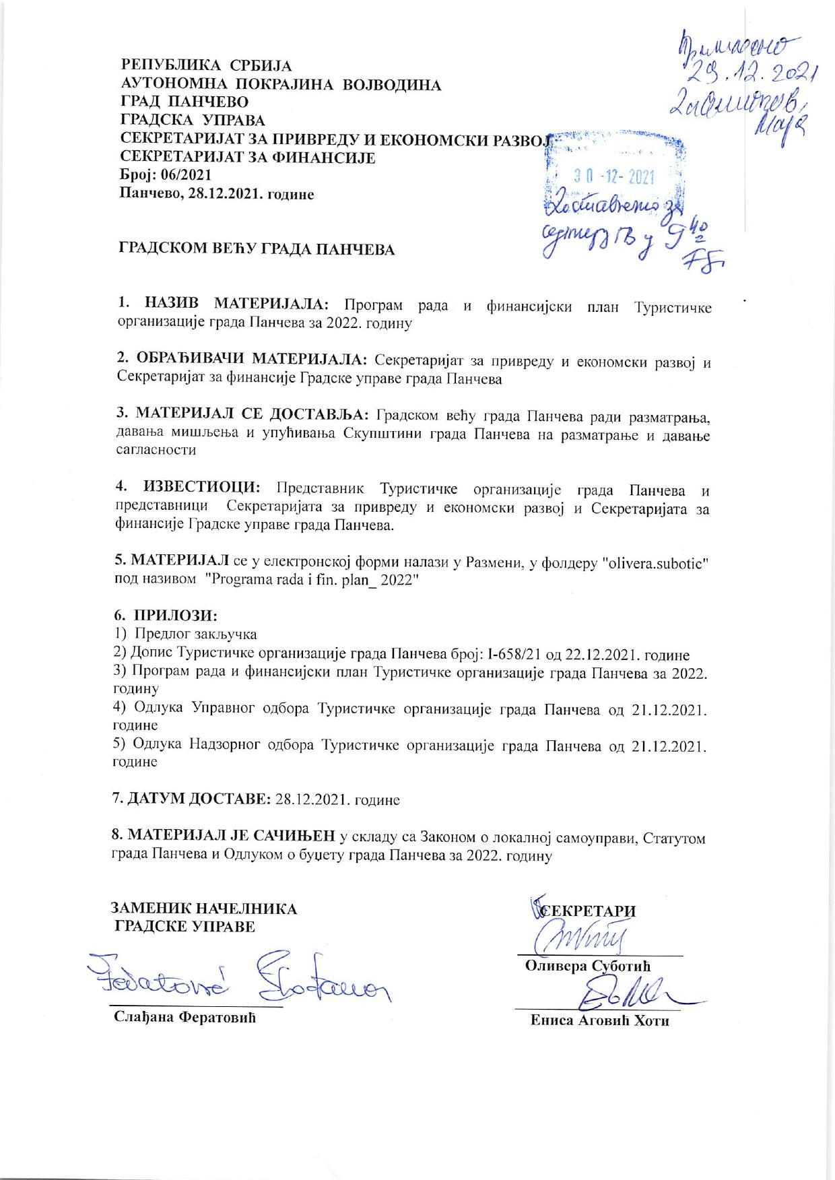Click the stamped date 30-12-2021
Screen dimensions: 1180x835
(613, 177)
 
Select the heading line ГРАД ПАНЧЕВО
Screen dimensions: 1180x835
(184, 102)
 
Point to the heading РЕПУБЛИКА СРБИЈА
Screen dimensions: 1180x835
(206, 66)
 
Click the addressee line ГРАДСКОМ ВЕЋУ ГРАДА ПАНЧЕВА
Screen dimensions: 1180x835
(257, 249)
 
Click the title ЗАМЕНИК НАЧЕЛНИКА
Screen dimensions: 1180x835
(203, 909)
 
